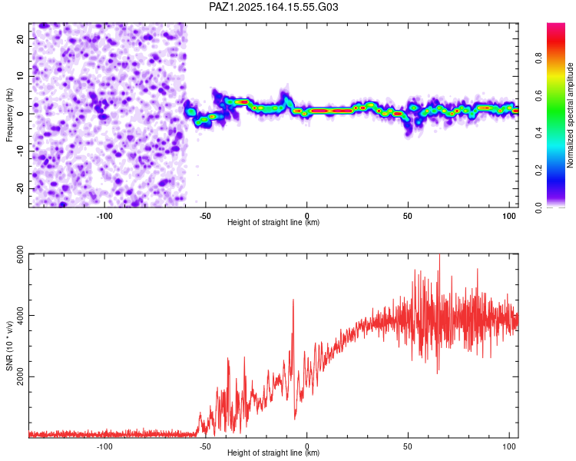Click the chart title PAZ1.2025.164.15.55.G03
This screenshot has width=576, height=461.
coord(273,7)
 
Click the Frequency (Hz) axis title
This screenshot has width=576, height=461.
coord(9,115)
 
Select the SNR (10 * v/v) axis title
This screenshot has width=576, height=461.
coord(9,346)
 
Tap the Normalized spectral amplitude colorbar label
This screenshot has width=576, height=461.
coord(570,115)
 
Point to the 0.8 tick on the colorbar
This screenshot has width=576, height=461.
coord(538,58)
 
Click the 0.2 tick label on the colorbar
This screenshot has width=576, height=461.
coord(538,171)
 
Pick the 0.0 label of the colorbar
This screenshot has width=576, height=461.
coord(538,207)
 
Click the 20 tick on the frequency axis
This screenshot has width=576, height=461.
coord(20,39)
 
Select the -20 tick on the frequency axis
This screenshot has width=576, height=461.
coord(20,189)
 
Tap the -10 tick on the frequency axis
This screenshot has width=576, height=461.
coord(20,151)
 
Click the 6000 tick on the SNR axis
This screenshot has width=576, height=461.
coord(20,254)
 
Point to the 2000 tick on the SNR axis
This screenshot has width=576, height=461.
coord(20,376)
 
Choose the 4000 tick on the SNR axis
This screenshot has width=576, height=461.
coord(20,316)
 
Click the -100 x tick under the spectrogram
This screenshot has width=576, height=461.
coord(104,216)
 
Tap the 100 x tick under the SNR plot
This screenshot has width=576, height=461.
coord(508,446)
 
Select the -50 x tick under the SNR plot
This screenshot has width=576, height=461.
coord(205,446)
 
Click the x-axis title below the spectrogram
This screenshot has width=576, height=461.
coord(273,222)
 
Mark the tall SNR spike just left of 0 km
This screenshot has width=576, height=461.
coord(293,300)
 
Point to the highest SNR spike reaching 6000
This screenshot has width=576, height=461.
coord(439,254)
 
